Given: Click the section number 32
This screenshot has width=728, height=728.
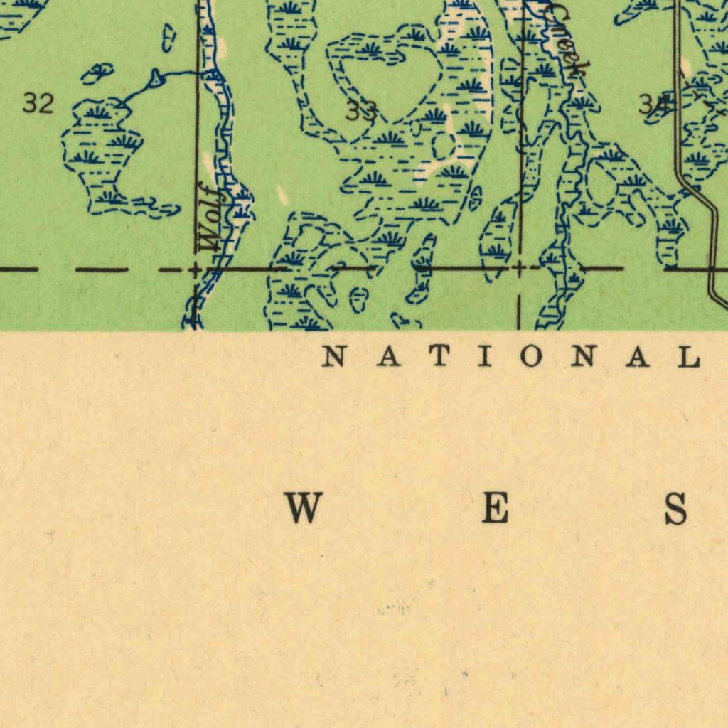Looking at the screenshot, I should point(38,104).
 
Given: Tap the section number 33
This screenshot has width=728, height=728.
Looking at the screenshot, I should point(360,111).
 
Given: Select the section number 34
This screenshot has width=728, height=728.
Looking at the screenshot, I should point(653,105).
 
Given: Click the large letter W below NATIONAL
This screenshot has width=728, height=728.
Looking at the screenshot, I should point(304,509).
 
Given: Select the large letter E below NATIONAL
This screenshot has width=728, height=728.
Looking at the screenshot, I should point(495,509).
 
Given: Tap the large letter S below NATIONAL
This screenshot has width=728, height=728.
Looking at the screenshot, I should point(675,509).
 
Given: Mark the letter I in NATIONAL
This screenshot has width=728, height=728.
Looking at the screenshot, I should point(486,356).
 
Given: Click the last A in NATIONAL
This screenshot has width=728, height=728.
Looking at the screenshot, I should point(636,356).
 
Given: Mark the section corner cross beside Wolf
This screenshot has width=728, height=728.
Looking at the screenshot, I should point(196,269).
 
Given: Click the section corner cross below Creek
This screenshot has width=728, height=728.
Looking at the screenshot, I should point(520,269).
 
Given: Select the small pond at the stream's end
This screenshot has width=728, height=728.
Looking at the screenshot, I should point(156,80).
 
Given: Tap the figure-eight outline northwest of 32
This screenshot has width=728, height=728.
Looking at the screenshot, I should point(98,73).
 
